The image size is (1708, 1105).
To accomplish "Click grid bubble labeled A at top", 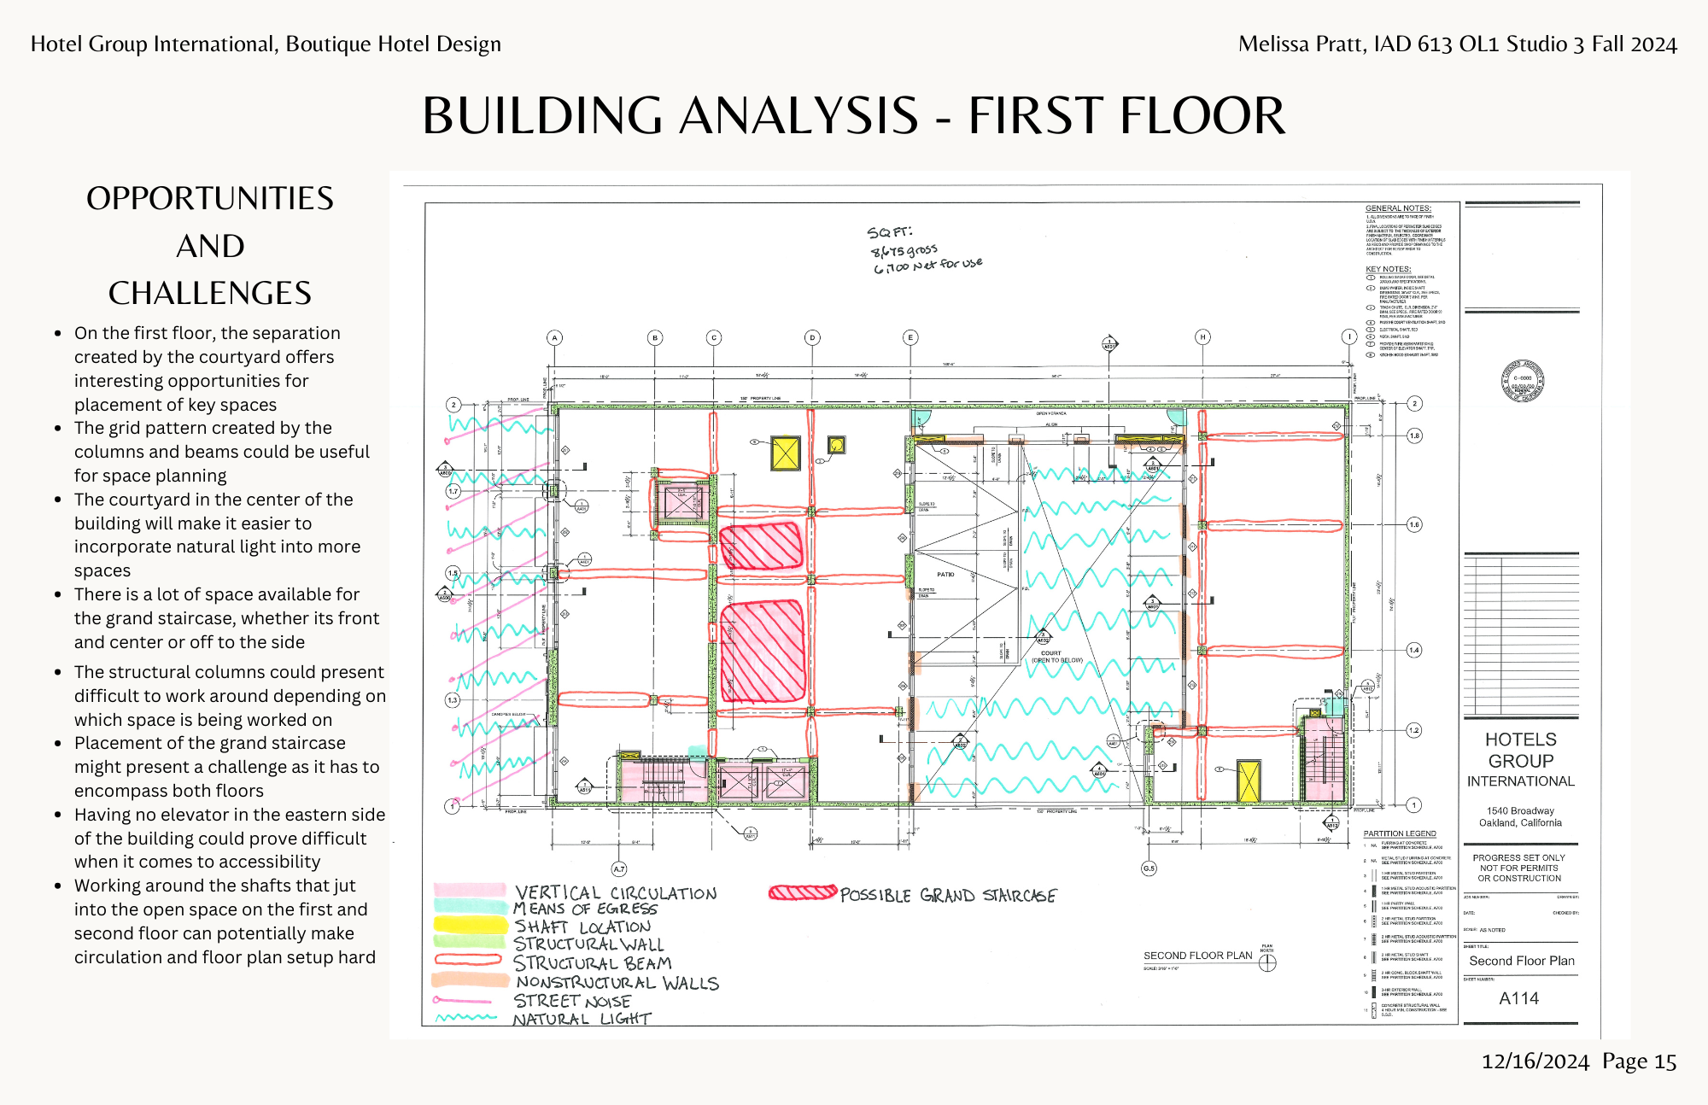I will tap(554, 337).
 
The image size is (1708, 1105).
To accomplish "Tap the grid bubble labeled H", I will tap(1202, 336).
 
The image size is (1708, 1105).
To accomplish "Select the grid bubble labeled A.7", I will tap(619, 868).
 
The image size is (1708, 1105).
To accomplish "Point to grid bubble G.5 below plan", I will tap(1149, 868).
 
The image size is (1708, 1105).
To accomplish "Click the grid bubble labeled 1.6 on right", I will tap(1414, 524).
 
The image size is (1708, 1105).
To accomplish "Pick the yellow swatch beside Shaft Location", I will tap(470, 924).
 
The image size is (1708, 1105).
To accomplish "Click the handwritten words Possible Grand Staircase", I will tap(948, 895).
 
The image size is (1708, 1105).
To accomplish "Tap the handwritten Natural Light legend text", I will tap(582, 1019).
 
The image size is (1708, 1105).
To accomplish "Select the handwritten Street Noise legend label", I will tap(572, 1001).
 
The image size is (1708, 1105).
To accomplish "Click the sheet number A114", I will tap(1518, 998).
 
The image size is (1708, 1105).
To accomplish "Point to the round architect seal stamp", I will tap(1522, 381).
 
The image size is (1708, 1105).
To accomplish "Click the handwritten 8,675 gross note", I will tap(904, 250).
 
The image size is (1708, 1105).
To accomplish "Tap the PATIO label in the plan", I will tap(945, 574).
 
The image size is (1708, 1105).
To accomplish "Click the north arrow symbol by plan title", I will tap(1267, 962).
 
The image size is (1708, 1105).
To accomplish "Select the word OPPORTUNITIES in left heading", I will tap(210, 198).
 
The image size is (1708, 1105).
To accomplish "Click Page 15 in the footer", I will tap(1639, 1061).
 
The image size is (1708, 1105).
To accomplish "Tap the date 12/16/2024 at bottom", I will tap(1535, 1061).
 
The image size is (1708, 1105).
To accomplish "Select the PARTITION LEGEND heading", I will tap(1399, 833).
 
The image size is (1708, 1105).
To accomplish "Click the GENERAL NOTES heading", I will tap(1398, 208).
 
